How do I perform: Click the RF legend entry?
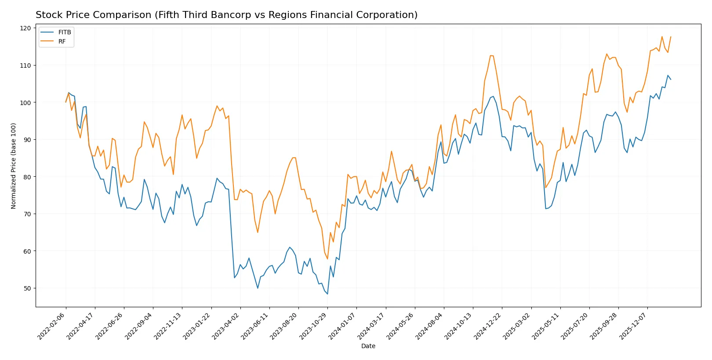click(62, 41)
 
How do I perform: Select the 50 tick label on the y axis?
click(27, 288)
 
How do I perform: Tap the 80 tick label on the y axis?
click(27, 177)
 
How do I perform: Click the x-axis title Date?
click(368, 346)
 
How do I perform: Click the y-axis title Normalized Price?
click(14, 166)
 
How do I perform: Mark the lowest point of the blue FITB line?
click(327, 294)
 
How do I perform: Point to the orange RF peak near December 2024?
click(491, 55)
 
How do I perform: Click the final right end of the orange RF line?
click(671, 37)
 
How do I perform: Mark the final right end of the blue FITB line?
click(671, 80)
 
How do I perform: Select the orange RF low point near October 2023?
click(327, 259)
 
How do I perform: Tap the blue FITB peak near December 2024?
click(493, 96)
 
